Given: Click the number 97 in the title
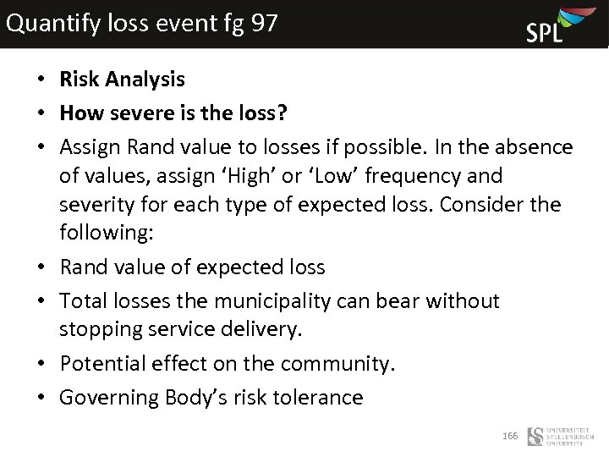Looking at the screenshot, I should click(x=264, y=23).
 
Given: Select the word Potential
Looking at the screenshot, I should click(x=101, y=364).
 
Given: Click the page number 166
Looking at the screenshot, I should click(x=509, y=436).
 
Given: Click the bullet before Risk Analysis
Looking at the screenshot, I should click(x=41, y=80).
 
